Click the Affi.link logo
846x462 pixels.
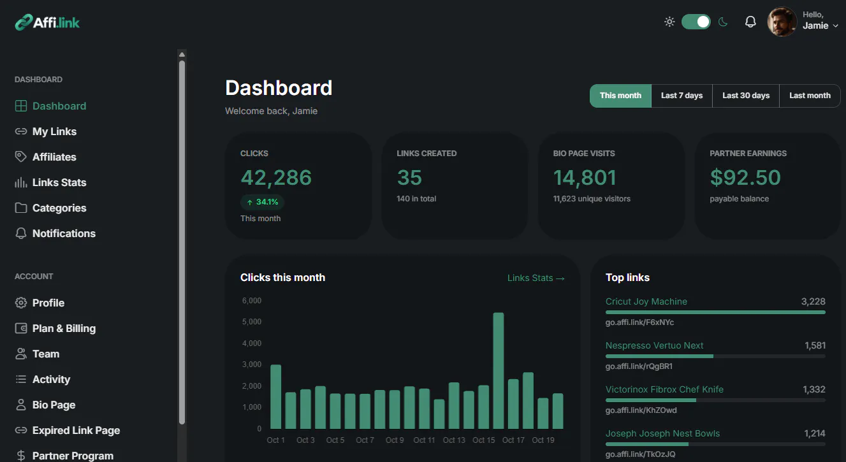[x=47, y=22]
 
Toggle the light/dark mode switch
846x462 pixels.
[x=696, y=22]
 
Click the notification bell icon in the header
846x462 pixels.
[x=750, y=22]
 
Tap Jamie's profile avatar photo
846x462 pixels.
[x=782, y=22]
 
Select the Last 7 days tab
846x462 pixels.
[x=682, y=96]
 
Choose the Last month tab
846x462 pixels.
[x=810, y=96]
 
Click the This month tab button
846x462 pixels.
[x=620, y=96]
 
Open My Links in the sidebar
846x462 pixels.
[x=54, y=131]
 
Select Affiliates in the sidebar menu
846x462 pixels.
[x=54, y=157]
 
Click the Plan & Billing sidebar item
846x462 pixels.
[x=64, y=328]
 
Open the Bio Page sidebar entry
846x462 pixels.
[x=54, y=405]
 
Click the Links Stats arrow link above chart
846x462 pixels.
[x=536, y=278]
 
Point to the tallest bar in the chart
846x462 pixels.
[x=498, y=370]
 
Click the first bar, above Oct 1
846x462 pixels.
[x=275, y=396]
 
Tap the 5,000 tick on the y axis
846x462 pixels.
[x=252, y=322]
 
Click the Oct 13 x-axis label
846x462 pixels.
[x=453, y=440]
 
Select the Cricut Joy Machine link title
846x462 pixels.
[x=646, y=301]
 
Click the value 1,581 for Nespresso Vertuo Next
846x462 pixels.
[x=815, y=345]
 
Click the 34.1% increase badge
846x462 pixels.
[x=263, y=202]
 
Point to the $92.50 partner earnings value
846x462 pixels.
[x=745, y=177]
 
